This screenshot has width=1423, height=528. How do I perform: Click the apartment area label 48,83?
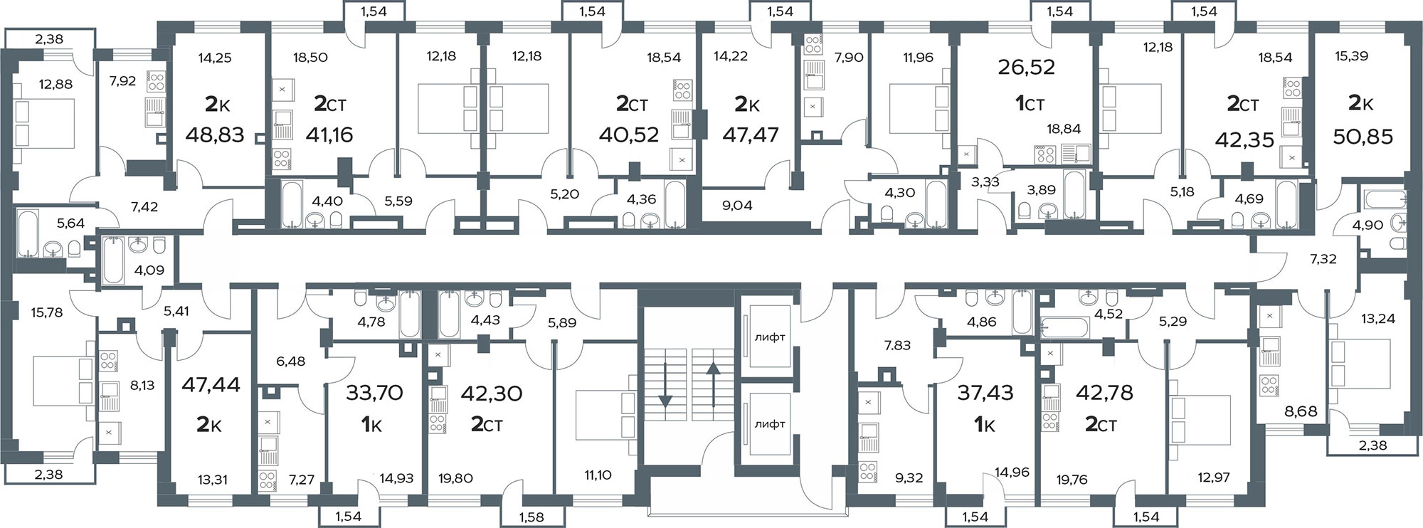[x=214, y=134]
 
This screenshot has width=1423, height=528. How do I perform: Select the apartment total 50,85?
[x=1363, y=136]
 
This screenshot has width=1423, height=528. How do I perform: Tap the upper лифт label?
[x=770, y=337]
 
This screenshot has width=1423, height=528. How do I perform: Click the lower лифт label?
[x=770, y=424]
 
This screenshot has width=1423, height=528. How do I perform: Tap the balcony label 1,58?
[x=531, y=517]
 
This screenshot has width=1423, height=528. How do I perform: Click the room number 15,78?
[x=47, y=312]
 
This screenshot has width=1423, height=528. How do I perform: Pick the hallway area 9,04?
[x=736, y=206]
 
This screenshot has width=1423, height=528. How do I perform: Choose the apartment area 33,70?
[x=374, y=393]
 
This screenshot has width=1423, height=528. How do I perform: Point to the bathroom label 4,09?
[x=149, y=270]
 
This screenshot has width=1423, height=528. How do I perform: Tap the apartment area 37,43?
[x=985, y=393]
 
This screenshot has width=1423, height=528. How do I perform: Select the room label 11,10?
[x=598, y=475]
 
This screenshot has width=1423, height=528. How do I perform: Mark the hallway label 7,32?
[x=1323, y=260]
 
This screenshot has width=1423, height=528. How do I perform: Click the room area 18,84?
[x=1064, y=129]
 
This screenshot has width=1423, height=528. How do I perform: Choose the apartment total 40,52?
[x=629, y=134]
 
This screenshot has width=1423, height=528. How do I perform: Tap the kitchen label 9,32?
[x=909, y=478]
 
